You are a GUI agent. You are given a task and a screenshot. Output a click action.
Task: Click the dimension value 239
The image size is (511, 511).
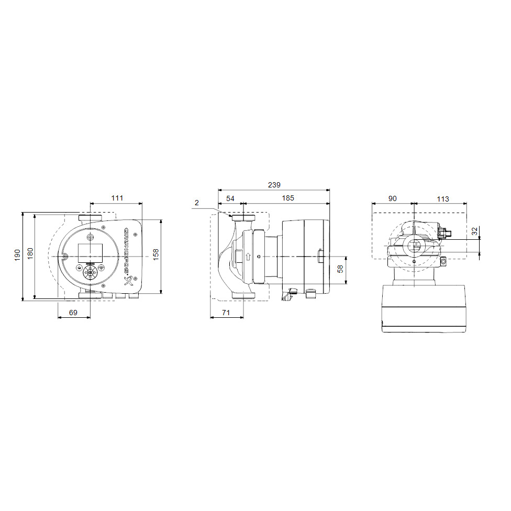pos(274,185)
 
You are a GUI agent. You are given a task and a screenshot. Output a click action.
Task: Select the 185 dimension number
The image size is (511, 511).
pos(287,198)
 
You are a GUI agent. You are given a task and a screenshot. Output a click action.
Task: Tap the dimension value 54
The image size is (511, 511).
pos(230,198)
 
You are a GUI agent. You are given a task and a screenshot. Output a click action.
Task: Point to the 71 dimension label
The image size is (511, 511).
pos(226,312)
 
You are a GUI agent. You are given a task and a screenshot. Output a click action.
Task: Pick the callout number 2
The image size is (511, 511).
pos(196,202)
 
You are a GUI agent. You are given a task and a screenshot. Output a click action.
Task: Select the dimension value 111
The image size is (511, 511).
pos(117,198)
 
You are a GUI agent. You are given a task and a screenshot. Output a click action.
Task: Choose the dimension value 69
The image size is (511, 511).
pos(73,312)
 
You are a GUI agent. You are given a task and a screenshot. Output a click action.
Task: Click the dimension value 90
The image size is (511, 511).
pos(393,198)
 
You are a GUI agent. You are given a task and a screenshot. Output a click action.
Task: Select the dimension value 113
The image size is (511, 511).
pos(442,198)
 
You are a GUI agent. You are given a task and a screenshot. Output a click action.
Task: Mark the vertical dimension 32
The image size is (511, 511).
pos(474,231)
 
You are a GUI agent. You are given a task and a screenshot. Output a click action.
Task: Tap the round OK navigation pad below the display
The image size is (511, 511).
pos(90,272)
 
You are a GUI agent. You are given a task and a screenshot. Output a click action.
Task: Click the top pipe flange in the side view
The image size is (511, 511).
pos(243,218)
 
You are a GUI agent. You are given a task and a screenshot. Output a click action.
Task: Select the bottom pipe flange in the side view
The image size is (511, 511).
pos(243,296)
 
